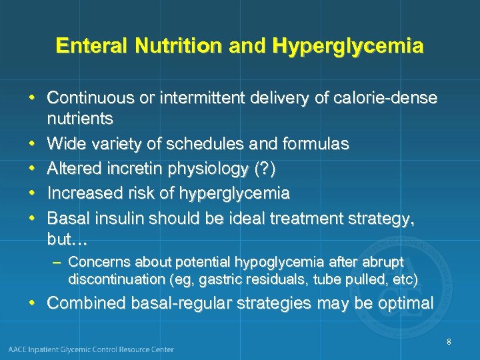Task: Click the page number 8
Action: pos(449,342)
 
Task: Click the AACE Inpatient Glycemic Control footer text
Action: pos(91,349)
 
